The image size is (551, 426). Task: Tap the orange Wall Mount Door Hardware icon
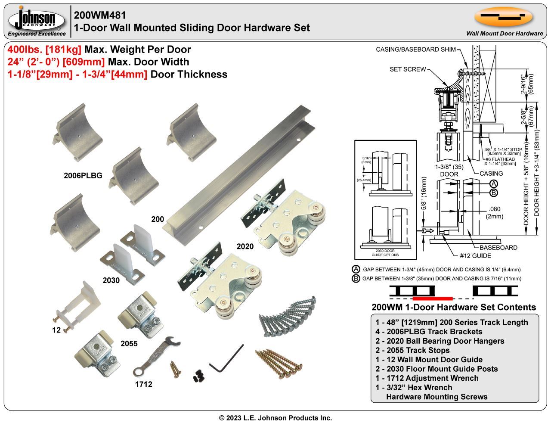(503, 17)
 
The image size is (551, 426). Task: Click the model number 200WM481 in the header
(100, 16)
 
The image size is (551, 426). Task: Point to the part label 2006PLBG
(83, 176)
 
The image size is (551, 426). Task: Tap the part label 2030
(111, 280)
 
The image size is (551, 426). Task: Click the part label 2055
(129, 343)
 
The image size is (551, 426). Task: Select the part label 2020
(245, 246)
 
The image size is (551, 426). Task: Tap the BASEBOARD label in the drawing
(498, 248)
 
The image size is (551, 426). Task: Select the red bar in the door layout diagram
(432, 298)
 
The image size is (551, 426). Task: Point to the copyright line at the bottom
(275, 418)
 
